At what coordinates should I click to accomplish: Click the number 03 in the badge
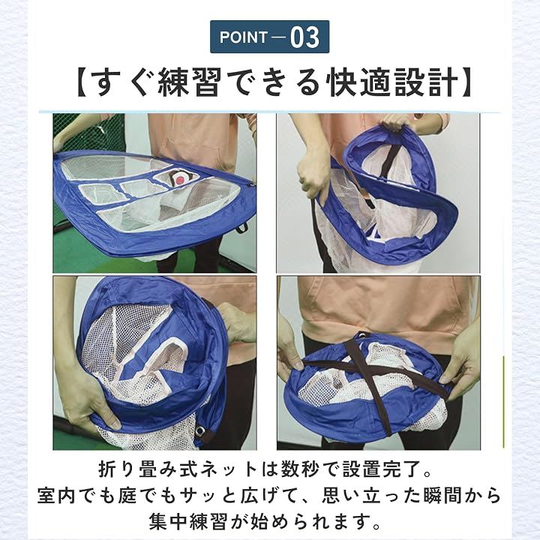click(x=304, y=37)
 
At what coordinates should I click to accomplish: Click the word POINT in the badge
click(x=244, y=37)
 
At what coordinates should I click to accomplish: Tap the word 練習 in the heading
click(x=189, y=83)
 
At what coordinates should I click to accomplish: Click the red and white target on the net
click(x=179, y=179)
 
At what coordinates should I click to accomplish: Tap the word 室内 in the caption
click(x=55, y=496)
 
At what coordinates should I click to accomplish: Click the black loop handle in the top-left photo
click(x=242, y=227)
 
